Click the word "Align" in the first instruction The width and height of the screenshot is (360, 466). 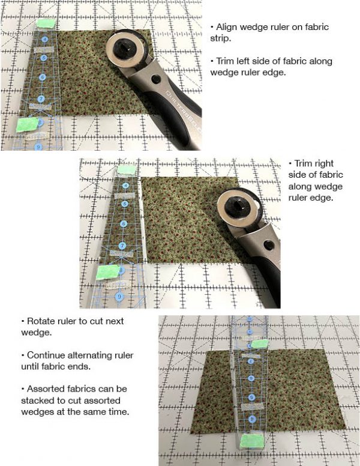point(225,28)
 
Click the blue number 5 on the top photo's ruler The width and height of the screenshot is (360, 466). point(44,58)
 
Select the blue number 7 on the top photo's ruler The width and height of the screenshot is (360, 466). point(41,98)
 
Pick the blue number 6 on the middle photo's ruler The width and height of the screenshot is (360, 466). point(122,223)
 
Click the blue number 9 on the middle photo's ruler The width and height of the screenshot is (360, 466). point(119,295)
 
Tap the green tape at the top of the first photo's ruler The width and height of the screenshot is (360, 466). point(46,23)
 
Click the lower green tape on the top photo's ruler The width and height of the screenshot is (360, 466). point(26,125)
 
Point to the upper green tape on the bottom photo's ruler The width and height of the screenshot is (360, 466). point(259,344)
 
